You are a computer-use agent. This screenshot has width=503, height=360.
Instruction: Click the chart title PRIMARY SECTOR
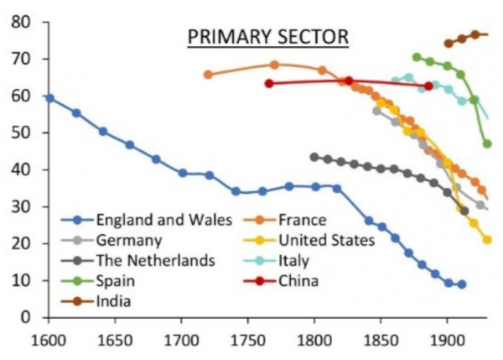coord(268,37)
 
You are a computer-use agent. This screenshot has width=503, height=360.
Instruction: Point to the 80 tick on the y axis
coord(21,22)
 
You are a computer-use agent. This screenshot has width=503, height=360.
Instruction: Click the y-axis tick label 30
coord(21,206)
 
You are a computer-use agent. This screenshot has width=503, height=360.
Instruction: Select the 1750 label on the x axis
coord(248,341)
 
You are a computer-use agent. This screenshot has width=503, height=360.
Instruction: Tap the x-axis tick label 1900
coord(447,341)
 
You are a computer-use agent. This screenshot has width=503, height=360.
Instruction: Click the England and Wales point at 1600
coord(49,98)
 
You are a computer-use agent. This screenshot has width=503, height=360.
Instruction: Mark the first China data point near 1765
coord(269,84)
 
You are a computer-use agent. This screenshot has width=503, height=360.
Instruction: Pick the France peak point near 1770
coord(274,65)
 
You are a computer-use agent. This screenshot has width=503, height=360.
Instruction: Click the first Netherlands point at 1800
coord(314,158)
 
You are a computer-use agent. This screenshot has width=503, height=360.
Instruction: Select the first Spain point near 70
coord(417,58)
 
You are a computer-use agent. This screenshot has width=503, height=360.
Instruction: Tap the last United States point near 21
coord(487,240)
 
